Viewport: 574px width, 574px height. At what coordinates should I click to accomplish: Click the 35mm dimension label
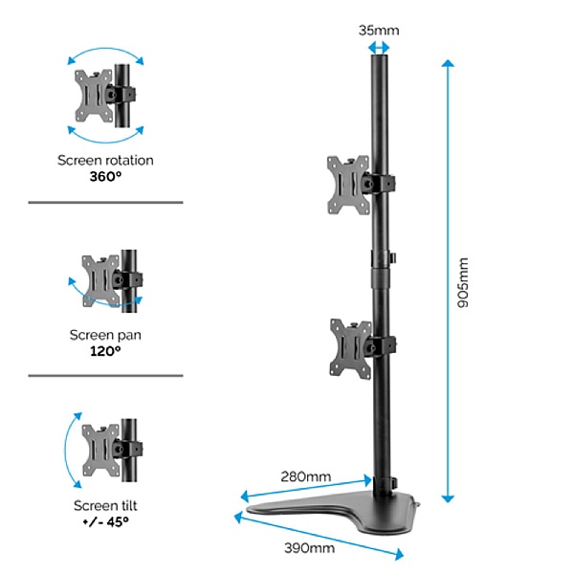point(378,30)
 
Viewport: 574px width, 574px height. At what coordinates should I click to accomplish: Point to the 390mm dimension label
point(309,548)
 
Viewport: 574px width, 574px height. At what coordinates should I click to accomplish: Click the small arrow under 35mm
point(380,46)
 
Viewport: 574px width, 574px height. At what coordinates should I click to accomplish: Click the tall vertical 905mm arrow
point(446,277)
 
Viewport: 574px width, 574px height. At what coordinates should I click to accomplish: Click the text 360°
point(105,177)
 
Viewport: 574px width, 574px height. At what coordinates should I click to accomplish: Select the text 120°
point(105,351)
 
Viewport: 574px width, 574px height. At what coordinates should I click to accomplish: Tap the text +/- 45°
point(105,522)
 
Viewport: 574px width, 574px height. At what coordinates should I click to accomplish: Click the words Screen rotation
point(105,161)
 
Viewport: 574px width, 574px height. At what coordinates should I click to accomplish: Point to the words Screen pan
point(105,335)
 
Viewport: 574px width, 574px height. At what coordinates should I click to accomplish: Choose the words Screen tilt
point(105,506)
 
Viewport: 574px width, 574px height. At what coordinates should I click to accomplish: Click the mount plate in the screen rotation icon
point(93,93)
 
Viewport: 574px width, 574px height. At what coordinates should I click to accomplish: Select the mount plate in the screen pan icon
point(99,278)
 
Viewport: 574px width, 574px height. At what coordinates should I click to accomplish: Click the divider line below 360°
point(105,203)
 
